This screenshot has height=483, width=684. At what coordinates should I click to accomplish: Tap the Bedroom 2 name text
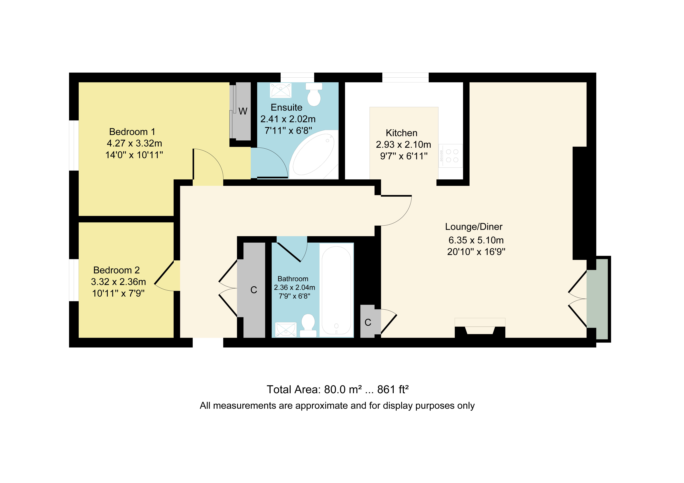tap(117, 270)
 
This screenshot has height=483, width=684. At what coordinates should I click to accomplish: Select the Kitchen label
tap(402, 133)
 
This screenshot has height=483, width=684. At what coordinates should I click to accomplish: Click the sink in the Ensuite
tap(281, 90)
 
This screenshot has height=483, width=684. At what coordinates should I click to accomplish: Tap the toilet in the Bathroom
tap(308, 326)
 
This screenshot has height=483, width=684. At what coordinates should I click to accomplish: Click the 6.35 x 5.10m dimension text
tap(476, 240)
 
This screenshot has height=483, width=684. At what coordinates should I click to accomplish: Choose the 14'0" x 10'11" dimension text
tap(134, 155)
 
